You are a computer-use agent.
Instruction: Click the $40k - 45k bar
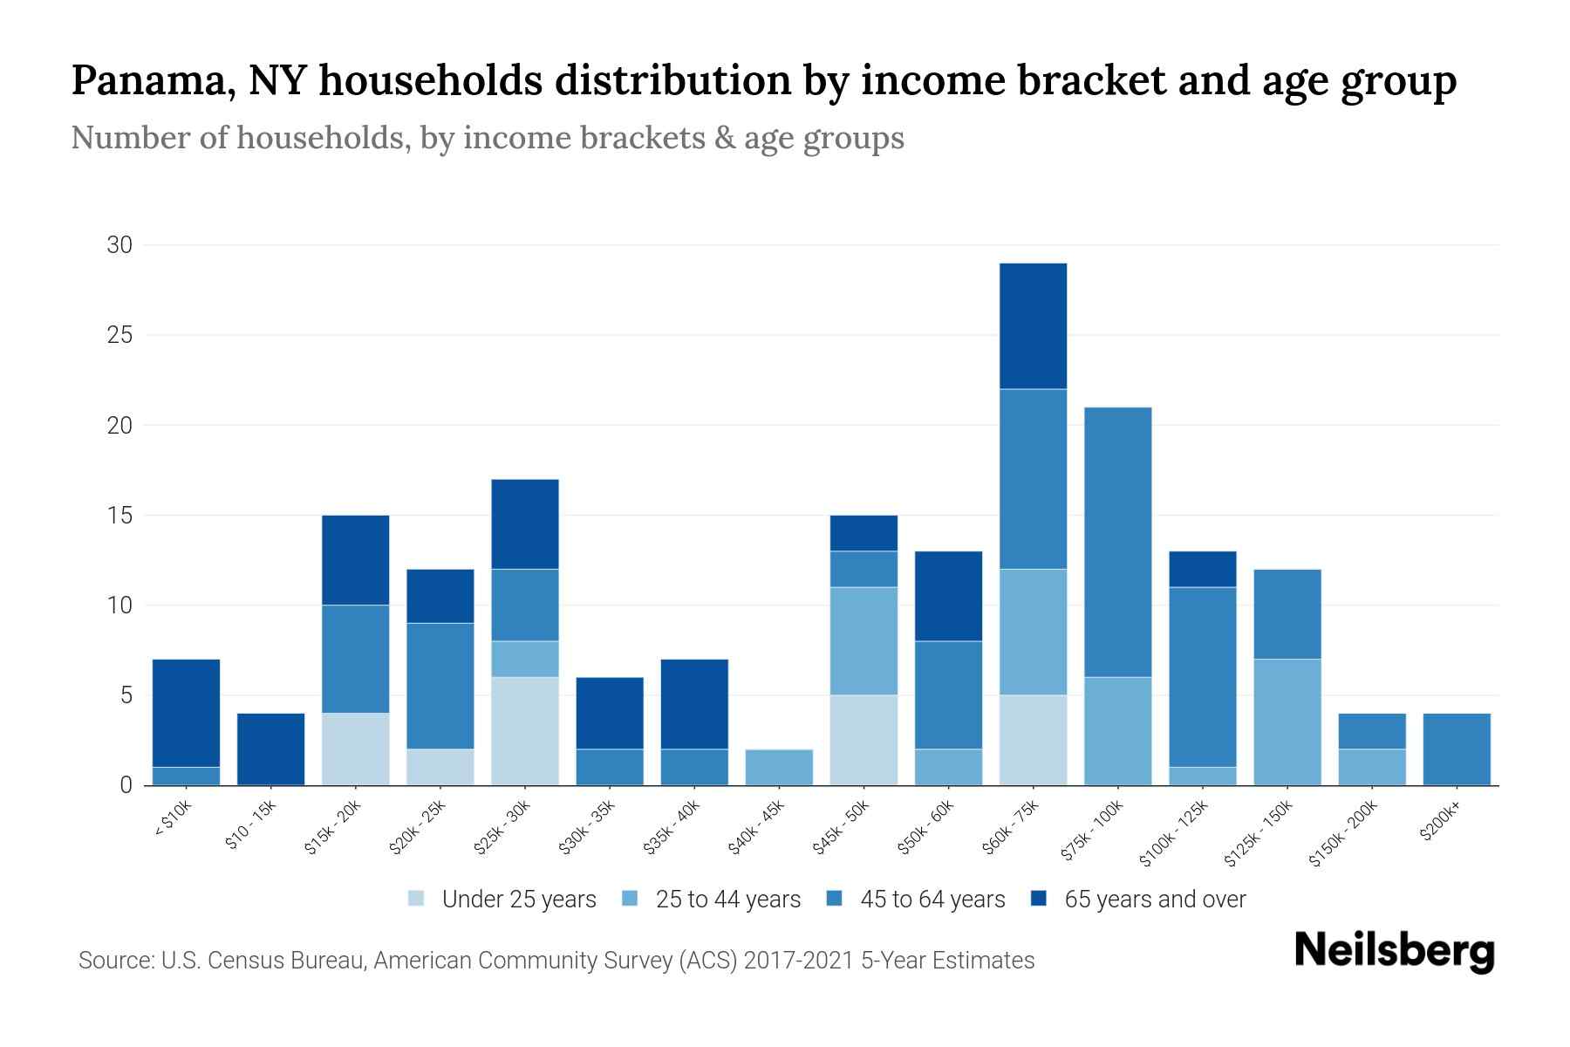779,768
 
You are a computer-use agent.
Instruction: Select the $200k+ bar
1457,749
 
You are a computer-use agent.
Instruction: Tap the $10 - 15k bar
270,749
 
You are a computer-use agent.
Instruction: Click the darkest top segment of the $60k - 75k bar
1033,326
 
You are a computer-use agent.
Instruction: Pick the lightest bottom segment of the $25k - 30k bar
525,731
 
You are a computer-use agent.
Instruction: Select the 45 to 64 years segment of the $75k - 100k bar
1117,542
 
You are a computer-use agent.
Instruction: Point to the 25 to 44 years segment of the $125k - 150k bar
1287,722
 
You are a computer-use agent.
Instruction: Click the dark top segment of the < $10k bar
186,713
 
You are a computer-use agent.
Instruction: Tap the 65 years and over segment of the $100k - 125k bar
1202,569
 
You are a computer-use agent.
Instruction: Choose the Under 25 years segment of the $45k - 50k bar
863,740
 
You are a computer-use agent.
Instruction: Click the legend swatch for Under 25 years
417,899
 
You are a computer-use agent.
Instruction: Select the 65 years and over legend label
1155,900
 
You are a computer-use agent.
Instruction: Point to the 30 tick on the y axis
119,245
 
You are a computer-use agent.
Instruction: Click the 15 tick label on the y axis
119,516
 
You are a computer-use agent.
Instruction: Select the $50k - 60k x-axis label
927,827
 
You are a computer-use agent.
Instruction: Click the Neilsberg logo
1394,951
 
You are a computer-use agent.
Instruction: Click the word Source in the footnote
113,961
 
